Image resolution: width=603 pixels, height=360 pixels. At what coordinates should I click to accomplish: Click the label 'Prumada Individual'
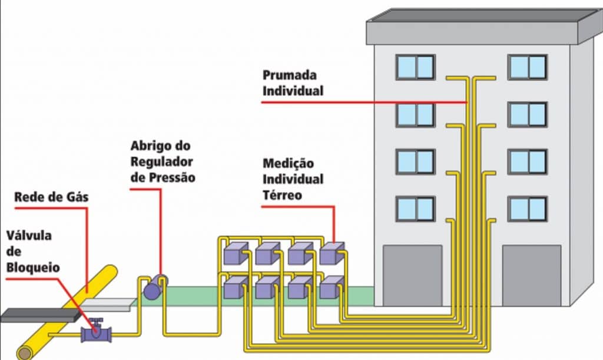coord(293,83)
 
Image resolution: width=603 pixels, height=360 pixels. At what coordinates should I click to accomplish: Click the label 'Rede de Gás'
coord(52,197)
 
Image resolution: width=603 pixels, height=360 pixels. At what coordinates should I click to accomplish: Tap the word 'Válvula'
coord(29,236)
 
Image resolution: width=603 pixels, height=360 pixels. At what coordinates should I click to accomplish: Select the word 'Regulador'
coord(162,161)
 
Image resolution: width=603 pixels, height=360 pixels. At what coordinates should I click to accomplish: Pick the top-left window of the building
coord(415,67)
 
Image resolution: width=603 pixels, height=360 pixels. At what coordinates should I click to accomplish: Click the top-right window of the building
coord(528,67)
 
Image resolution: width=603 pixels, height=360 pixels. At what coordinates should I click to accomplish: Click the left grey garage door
coord(412,275)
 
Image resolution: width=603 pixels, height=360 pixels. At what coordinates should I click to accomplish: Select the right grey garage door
coord(531,275)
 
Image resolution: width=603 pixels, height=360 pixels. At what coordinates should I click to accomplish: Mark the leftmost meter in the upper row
coord(234,253)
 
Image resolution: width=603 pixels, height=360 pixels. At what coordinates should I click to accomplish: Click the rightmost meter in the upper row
coord(331,253)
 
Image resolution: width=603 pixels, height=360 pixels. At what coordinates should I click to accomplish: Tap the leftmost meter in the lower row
coord(234,287)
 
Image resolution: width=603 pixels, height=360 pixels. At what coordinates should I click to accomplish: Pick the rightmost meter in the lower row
coord(331,287)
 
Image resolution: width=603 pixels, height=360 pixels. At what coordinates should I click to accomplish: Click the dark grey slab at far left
coord(38,315)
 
